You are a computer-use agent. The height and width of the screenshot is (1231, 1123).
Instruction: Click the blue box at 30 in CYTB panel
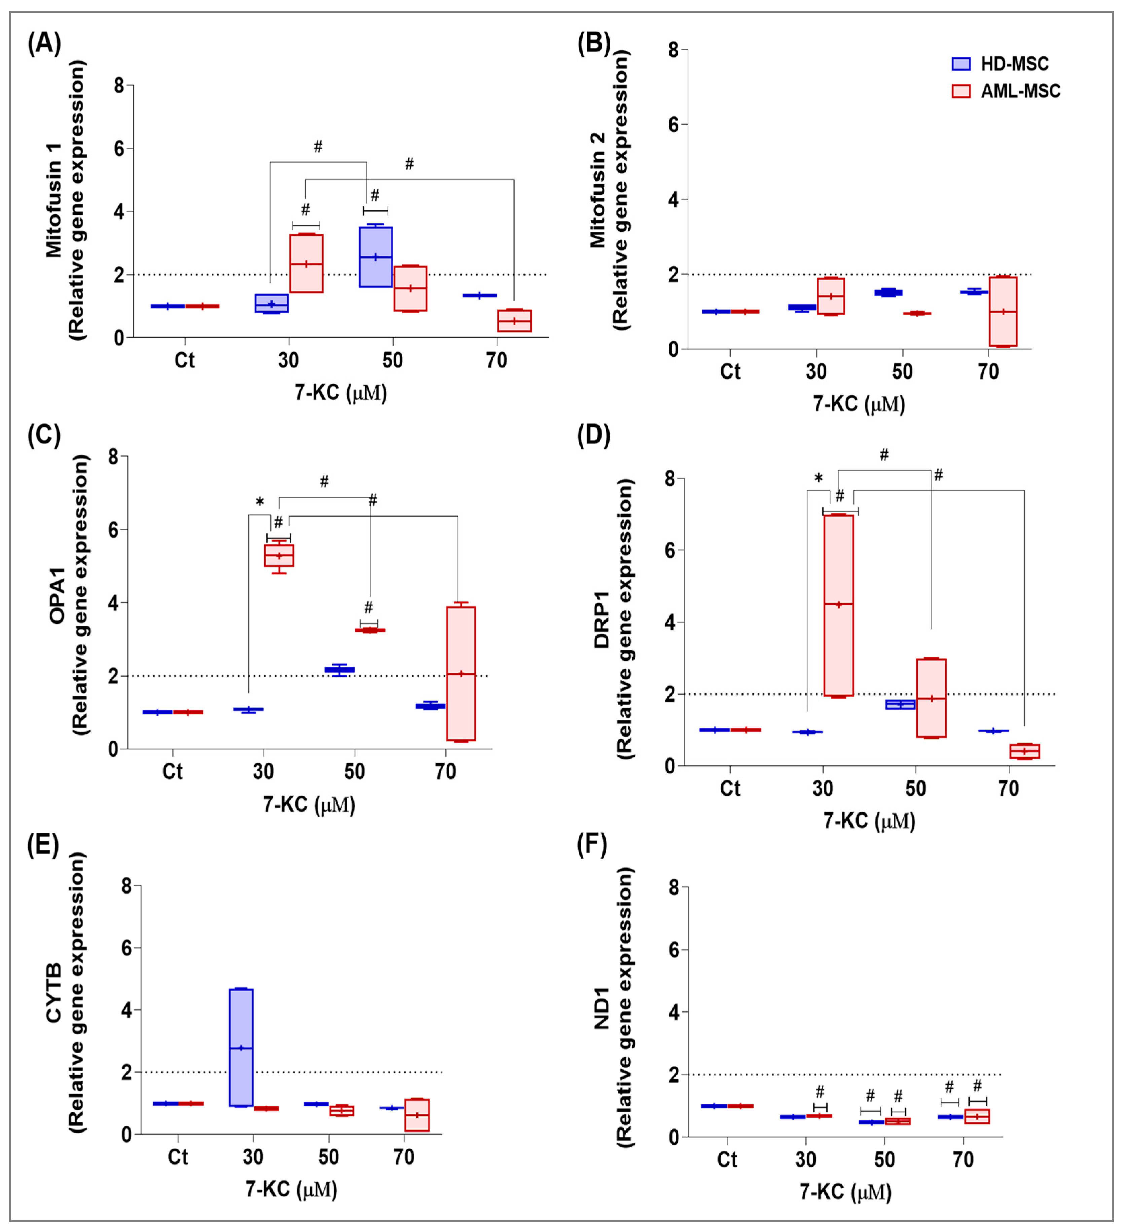tap(241, 1047)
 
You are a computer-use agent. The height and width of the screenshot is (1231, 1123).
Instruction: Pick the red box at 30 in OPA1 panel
tap(279, 555)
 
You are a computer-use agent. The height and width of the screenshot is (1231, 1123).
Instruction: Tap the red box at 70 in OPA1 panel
tap(461, 674)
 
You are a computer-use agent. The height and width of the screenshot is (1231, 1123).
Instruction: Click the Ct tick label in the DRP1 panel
tap(730, 788)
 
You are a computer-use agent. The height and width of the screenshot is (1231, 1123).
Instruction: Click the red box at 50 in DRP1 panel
tap(931, 698)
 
